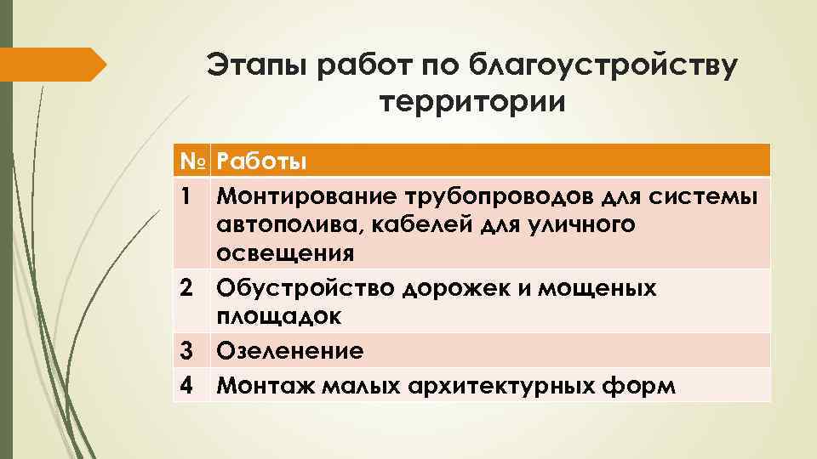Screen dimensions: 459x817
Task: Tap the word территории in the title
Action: tap(471, 104)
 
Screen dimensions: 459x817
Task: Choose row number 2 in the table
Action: tap(187, 288)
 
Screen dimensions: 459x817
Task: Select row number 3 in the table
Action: tap(187, 351)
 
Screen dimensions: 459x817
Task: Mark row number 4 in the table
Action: tap(187, 385)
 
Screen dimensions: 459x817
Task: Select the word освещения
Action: tap(285, 253)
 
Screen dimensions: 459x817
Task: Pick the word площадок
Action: tap(279, 317)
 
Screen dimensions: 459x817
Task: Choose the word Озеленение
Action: tap(289, 351)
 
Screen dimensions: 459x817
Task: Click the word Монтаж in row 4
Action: tap(258, 385)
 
